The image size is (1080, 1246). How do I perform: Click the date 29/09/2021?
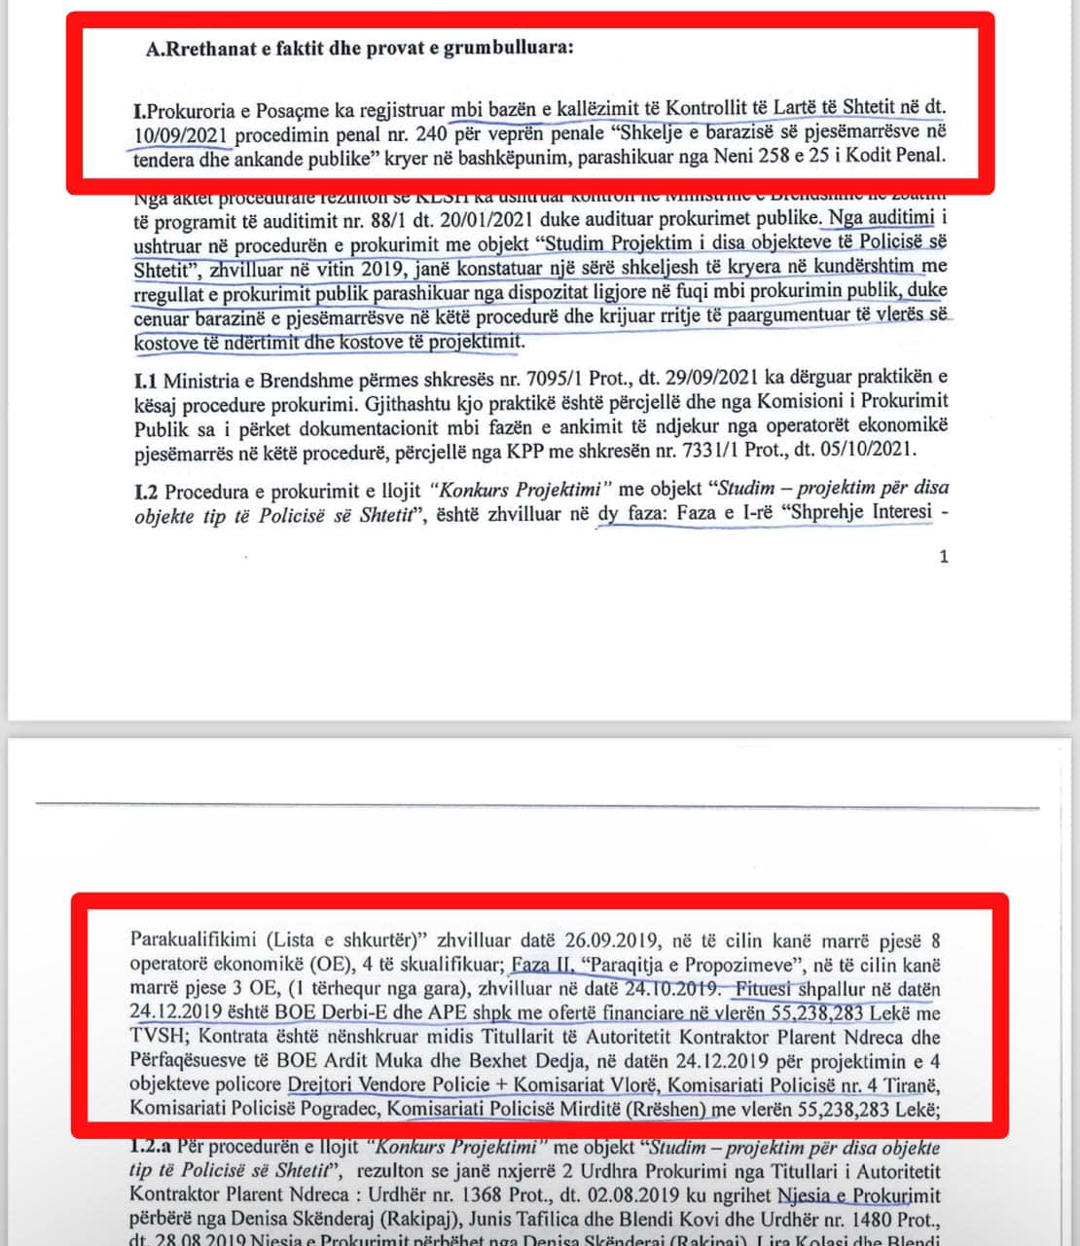click(x=635, y=378)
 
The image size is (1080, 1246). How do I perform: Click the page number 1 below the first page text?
click(x=943, y=557)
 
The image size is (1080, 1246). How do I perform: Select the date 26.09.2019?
click(x=608, y=941)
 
